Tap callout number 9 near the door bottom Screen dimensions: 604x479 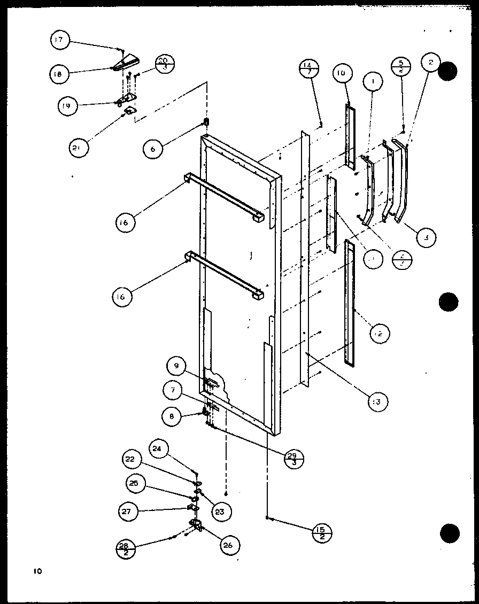176,367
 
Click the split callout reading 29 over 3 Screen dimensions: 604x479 293,458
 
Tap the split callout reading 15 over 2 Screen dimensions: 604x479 322,533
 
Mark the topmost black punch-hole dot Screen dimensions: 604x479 448,71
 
